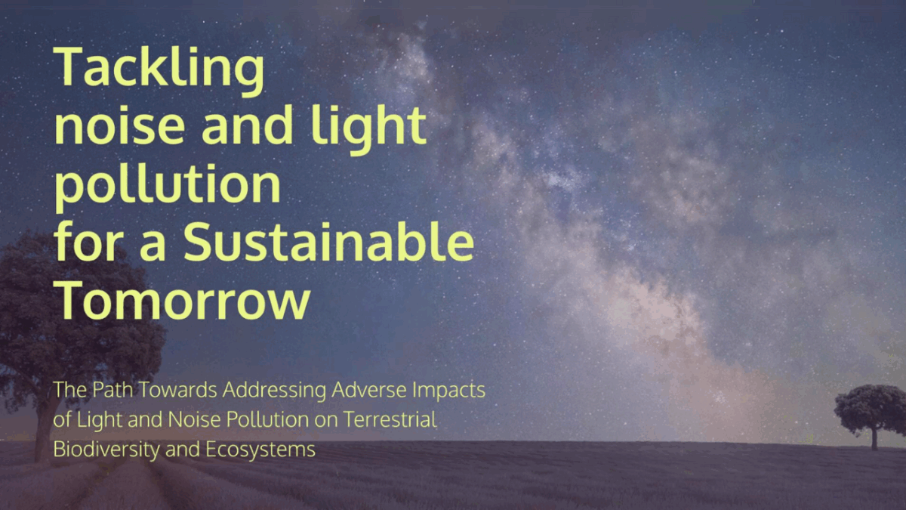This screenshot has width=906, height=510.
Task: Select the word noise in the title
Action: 120,125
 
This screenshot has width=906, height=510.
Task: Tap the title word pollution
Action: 168,186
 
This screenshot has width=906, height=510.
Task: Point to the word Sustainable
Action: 328,241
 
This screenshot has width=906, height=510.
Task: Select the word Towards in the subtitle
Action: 178,389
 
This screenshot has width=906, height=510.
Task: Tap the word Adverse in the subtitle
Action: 369,389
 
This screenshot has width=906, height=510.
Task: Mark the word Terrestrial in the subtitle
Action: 390,419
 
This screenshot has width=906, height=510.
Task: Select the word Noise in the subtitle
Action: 194,419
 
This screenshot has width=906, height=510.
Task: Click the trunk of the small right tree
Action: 874,438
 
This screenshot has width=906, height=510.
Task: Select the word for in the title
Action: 88,241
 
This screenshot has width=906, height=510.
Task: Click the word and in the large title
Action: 247,125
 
